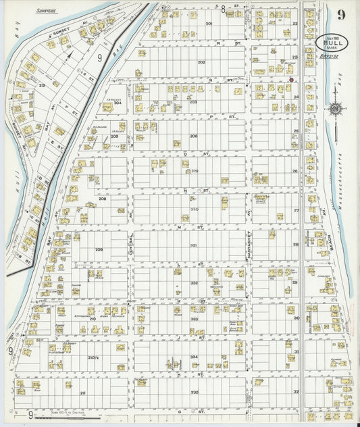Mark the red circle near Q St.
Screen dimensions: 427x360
point(291,80)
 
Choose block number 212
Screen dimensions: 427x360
point(42,85)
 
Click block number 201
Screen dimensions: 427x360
point(209,24)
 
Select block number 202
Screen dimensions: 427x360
point(201,62)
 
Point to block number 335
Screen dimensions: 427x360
point(195,392)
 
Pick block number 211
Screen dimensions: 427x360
point(82,393)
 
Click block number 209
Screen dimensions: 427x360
point(99,250)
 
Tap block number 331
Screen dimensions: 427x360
point(194,245)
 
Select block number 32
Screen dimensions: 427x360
point(295,391)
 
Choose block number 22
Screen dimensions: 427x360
point(295,24)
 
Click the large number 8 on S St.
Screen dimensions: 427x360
point(223,7)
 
